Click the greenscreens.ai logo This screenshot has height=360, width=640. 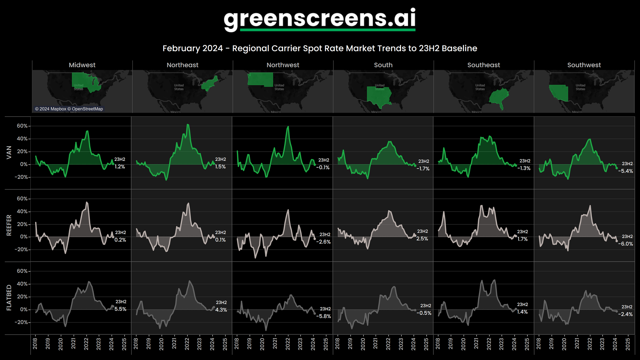tap(319, 19)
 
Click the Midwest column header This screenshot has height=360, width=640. tap(82, 65)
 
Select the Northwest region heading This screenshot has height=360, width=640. tap(283, 65)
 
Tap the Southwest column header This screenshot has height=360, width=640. tap(584, 65)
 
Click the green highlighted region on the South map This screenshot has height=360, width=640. tap(379, 96)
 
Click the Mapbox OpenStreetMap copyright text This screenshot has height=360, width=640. tap(69, 109)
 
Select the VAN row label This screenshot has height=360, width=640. tap(9, 152)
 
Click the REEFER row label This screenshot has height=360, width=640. tap(9, 225)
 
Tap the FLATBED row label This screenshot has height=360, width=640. tap(9, 298)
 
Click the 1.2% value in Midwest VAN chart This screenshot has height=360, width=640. tap(120, 167)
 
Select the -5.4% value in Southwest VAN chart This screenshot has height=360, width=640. tap(625, 171)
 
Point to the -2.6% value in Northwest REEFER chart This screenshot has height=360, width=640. tap(323, 242)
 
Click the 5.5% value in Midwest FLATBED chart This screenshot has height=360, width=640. tap(120, 309)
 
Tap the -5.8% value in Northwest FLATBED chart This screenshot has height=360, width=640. tap(324, 316)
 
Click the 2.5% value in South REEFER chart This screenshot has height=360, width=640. tap(422, 239)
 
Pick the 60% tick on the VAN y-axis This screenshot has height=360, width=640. tap(22, 126)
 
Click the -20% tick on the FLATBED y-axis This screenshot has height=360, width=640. tap(21, 322)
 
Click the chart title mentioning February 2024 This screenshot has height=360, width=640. tap(320, 48)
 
